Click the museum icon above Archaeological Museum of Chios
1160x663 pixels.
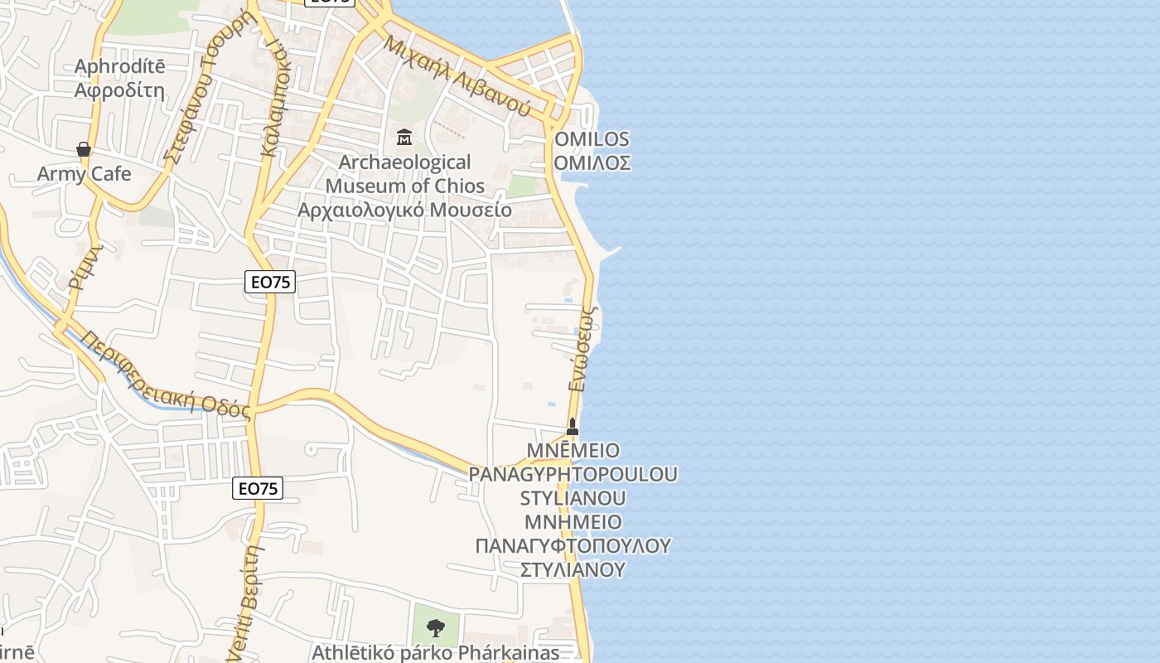pyautogui.click(x=404, y=137)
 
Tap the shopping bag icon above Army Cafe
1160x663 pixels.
pyautogui.click(x=84, y=149)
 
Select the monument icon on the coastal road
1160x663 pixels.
pyautogui.click(x=572, y=427)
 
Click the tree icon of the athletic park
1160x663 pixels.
pyautogui.click(x=435, y=627)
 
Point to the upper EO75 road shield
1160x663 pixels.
pyautogui.click(x=271, y=282)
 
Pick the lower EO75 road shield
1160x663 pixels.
pyautogui.click(x=258, y=488)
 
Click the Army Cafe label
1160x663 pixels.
pyautogui.click(x=84, y=174)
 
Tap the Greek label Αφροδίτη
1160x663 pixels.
pyautogui.click(x=119, y=90)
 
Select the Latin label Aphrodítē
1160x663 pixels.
pyautogui.click(x=119, y=67)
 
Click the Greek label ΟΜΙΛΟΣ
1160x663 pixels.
pyautogui.click(x=592, y=162)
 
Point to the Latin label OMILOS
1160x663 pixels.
pyautogui.click(x=592, y=139)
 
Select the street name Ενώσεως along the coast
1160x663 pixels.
pyautogui.click(x=583, y=348)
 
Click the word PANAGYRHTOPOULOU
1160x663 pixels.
pyautogui.click(x=573, y=474)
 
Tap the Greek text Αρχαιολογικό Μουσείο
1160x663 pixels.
pyautogui.click(x=404, y=209)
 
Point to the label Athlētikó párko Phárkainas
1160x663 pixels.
pyautogui.click(x=435, y=652)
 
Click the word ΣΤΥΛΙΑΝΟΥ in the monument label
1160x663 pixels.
pyautogui.click(x=573, y=569)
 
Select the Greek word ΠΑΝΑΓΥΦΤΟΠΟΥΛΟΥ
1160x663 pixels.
pyautogui.click(x=573, y=545)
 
